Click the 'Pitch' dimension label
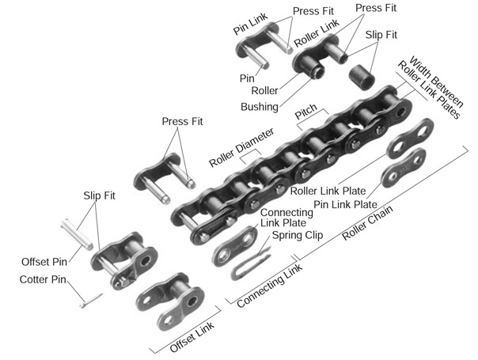pos(307,116)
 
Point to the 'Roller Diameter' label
pos(241,147)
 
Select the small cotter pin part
pos(89,297)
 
